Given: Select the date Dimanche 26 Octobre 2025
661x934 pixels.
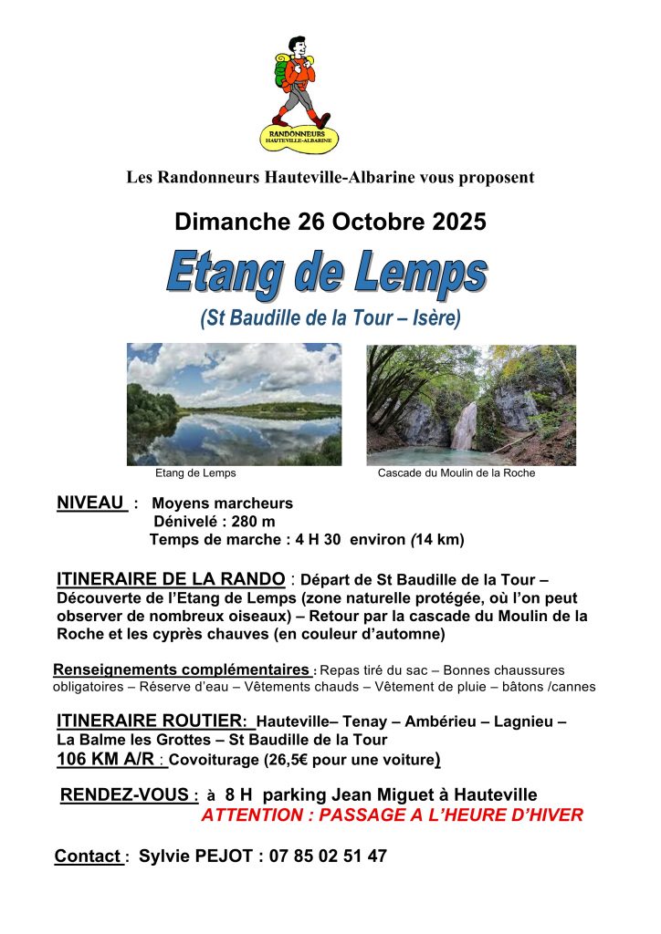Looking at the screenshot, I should (x=330, y=222).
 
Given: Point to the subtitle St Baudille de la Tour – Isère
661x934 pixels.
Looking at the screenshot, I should (x=330, y=318).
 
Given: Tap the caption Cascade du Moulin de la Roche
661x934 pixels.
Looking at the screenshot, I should (x=456, y=473).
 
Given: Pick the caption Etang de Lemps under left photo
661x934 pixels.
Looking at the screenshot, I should (x=195, y=473).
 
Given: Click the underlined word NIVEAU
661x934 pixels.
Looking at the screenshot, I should (x=90, y=503).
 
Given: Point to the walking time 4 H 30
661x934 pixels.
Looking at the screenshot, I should (x=318, y=540).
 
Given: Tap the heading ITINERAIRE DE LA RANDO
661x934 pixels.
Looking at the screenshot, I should (x=171, y=578).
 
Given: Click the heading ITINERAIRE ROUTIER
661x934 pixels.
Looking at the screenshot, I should (x=151, y=721).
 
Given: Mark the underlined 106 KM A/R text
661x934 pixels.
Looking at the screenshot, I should (x=106, y=759).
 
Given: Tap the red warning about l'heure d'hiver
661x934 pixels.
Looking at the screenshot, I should (x=392, y=815).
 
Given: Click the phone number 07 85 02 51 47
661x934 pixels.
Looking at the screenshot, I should (x=328, y=856).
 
